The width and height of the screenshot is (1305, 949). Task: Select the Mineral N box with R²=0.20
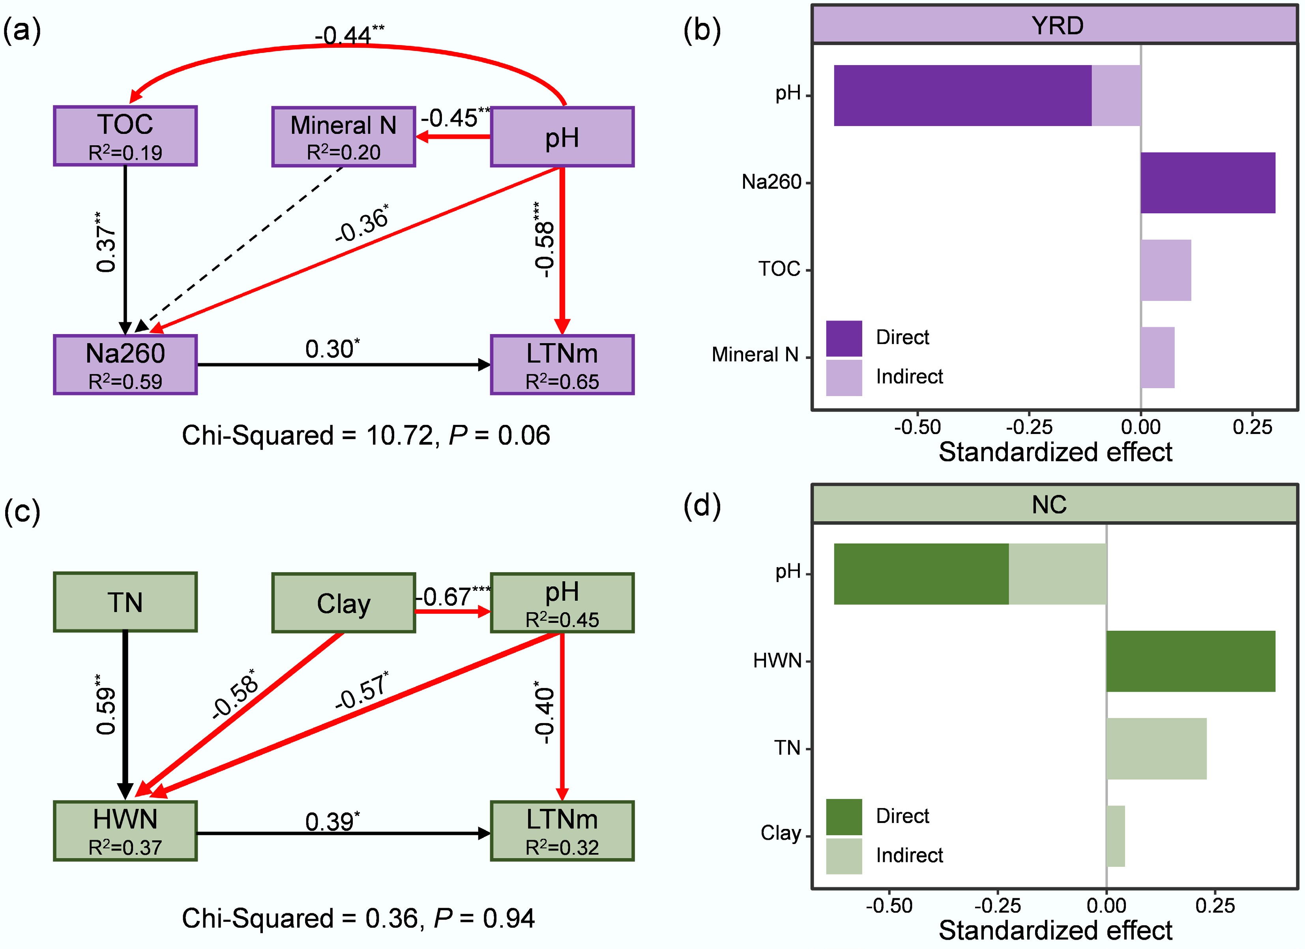[x=343, y=137]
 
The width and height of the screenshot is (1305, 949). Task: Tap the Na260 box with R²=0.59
[x=125, y=365]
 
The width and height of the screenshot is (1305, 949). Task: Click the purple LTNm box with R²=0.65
[x=562, y=365]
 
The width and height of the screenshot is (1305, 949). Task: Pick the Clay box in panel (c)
[x=343, y=602]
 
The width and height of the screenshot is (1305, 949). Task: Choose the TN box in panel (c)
[x=125, y=602]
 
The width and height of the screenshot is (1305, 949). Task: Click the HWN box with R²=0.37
[x=125, y=831]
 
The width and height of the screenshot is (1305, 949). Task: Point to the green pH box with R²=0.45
[x=562, y=602]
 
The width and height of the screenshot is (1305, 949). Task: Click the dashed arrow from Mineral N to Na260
[x=242, y=248]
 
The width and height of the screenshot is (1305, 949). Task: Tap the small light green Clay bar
[x=1115, y=836]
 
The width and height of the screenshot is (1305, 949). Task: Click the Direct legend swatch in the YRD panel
[x=844, y=338]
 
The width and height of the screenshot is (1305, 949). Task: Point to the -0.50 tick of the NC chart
[x=889, y=906]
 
